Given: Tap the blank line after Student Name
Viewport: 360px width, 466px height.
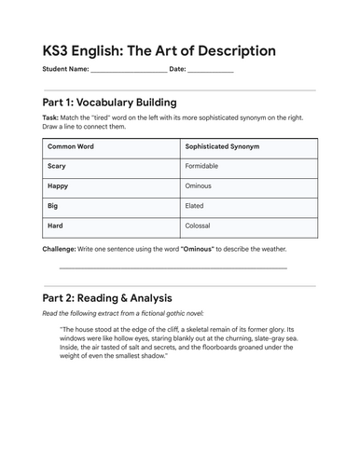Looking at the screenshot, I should [x=130, y=71].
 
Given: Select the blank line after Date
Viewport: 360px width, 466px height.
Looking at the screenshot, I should [x=211, y=71].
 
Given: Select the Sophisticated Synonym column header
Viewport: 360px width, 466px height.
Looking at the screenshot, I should [x=222, y=146].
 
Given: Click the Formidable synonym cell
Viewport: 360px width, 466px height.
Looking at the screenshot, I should [x=205, y=166].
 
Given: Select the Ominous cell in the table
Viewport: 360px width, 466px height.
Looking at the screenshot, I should [x=200, y=185].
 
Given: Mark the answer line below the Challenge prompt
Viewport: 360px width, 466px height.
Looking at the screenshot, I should [x=173, y=268].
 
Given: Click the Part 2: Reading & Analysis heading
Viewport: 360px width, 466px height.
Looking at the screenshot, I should [x=106, y=298].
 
